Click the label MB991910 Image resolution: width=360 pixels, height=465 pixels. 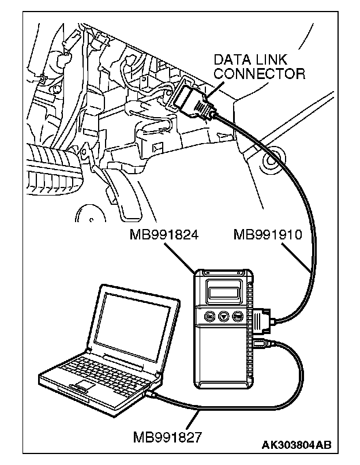pyautogui.click(x=273, y=236)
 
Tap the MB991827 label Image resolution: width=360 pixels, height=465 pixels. pyautogui.click(x=167, y=436)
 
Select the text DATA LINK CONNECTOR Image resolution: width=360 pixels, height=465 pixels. pyautogui.click(x=259, y=66)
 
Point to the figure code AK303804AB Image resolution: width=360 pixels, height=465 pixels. pyautogui.click(x=297, y=445)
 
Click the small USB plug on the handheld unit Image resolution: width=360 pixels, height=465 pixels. pyautogui.click(x=259, y=345)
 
